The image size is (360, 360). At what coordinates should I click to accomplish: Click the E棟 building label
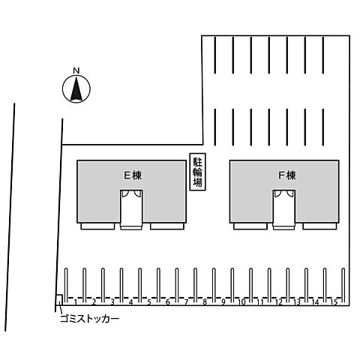[x=133, y=175]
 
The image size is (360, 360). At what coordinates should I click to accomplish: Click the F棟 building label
[x=287, y=175]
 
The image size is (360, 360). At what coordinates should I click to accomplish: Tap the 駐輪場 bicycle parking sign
[x=197, y=172]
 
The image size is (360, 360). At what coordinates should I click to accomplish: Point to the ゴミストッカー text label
[x=89, y=319]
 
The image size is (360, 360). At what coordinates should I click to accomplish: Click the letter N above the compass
[x=76, y=70]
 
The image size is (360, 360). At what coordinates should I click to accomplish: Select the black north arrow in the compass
[x=76, y=89]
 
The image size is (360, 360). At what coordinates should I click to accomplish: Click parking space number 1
[x=75, y=302]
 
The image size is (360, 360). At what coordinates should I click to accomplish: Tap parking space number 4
[x=130, y=302]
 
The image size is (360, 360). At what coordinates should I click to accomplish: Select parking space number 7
[x=186, y=302]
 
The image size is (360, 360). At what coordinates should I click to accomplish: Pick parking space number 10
[x=241, y=302]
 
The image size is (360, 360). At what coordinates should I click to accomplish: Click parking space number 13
[x=297, y=302]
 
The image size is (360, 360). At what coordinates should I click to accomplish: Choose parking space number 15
[x=334, y=302]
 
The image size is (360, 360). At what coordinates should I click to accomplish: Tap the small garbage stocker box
[x=59, y=300]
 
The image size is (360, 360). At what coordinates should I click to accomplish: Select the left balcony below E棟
[x=97, y=226]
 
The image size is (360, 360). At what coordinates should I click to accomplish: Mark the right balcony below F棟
[x=319, y=226]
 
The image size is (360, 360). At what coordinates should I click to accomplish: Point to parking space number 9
[x=223, y=302]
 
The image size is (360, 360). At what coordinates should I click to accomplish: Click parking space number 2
[x=94, y=302]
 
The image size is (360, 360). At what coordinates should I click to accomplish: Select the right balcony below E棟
[x=167, y=226]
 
